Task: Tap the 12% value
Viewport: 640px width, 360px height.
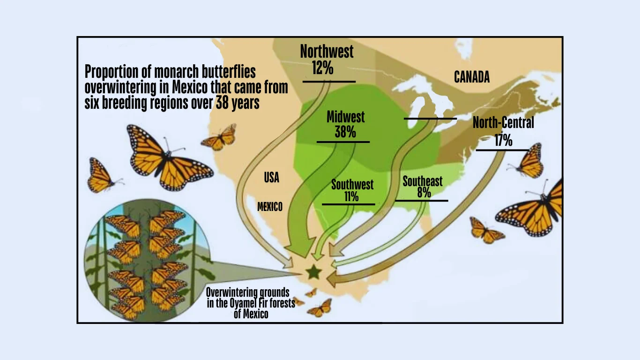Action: [322, 68]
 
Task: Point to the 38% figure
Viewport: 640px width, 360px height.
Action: [345, 132]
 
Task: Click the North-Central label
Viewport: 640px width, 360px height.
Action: [503, 123]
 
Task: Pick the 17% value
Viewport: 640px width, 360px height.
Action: [503, 140]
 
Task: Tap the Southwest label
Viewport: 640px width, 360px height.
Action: [352, 184]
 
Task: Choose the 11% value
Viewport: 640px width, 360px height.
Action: [351, 196]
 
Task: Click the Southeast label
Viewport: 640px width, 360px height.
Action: [422, 181]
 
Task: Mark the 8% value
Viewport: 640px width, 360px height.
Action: [424, 193]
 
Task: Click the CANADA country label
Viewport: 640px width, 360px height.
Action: [472, 77]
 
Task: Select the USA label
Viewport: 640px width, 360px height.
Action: [271, 178]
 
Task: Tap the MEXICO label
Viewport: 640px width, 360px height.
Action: [270, 207]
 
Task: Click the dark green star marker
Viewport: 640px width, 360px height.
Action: [313, 271]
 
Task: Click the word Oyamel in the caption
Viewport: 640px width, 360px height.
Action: [242, 303]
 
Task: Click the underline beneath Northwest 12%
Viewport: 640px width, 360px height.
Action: [329, 82]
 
